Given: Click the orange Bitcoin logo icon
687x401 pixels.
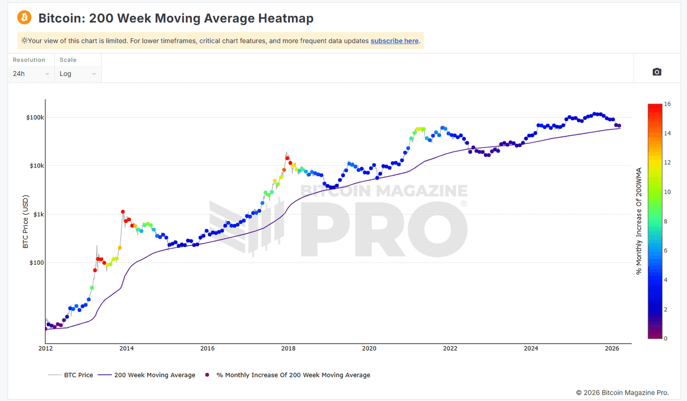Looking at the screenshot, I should coord(25,18).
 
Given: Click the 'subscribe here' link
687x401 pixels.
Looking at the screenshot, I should coord(394,41).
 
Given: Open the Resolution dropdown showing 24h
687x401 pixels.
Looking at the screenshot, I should coord(31,74).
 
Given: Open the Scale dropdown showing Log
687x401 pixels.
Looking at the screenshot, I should coord(78,74).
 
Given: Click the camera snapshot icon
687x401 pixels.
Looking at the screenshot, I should coord(657,72).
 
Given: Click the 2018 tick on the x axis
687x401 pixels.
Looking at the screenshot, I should coord(288,348).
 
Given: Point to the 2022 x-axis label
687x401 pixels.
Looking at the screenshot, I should coord(450,348).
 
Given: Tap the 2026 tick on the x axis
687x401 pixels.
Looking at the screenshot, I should coord(612,348).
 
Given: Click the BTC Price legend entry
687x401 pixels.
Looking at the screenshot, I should coord(78,375).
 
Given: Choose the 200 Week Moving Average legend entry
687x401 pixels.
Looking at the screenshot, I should coord(155,375).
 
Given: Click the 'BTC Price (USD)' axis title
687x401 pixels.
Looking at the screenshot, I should coord(25,221).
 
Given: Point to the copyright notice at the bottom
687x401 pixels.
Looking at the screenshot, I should coord(623,393).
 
